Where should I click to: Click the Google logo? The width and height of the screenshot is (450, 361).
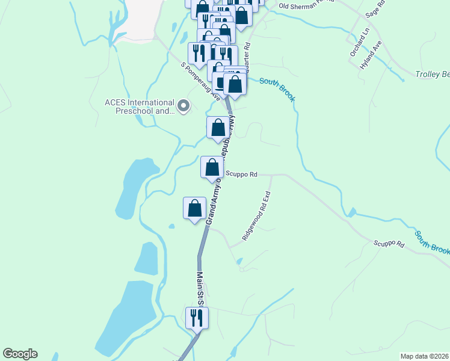[20, 354]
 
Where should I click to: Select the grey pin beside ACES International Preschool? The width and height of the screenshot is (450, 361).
[183, 106]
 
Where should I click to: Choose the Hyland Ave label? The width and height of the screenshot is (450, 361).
[371, 55]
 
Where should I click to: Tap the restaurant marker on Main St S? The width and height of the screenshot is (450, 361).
[197, 317]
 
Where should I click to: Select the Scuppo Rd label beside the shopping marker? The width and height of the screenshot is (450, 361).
[242, 174]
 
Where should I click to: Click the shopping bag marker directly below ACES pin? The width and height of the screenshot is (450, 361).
[218, 127]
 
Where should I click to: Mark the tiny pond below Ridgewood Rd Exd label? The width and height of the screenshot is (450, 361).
[239, 262]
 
